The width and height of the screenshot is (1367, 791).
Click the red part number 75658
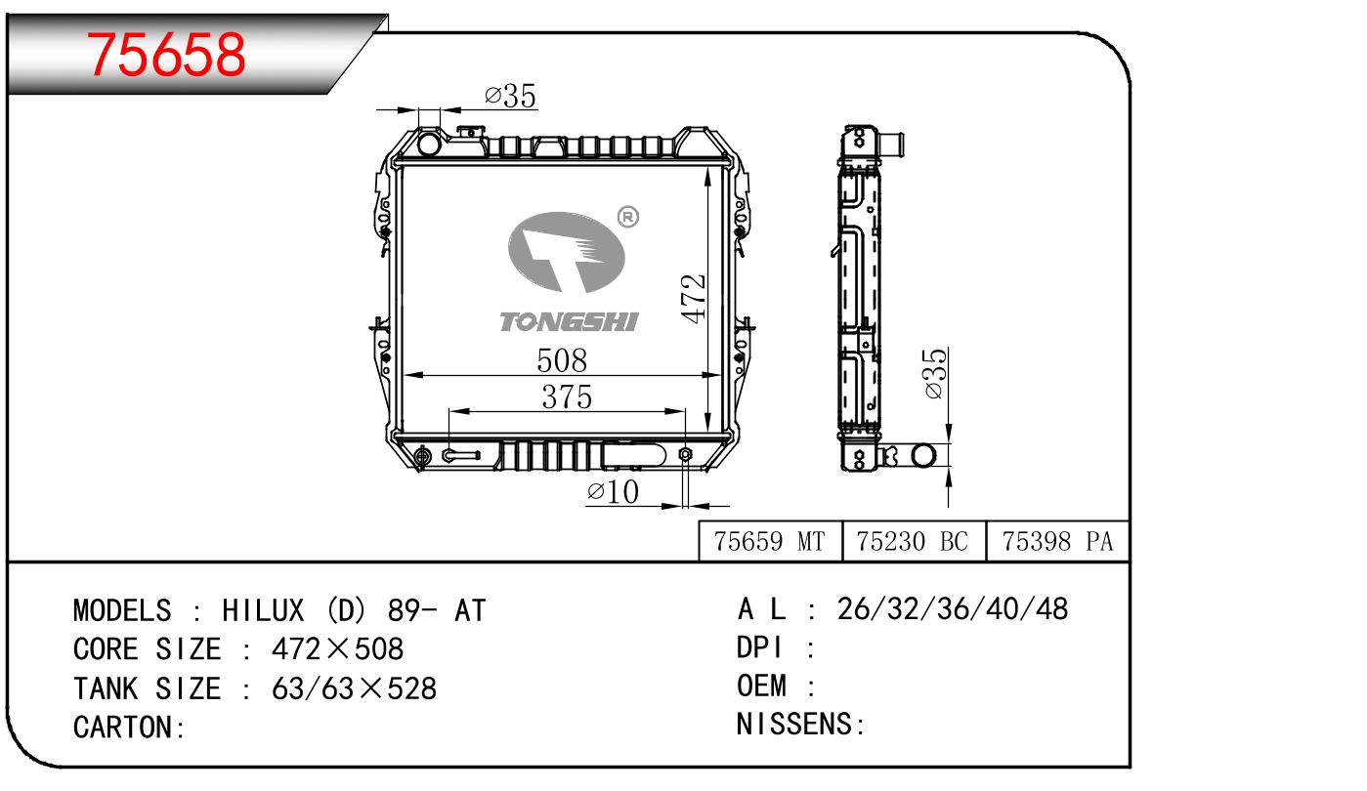pos(166,53)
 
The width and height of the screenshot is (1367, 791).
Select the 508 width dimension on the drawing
pos(562,360)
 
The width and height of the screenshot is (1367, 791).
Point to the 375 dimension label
pos(568,397)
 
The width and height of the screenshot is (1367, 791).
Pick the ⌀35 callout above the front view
pos(510,96)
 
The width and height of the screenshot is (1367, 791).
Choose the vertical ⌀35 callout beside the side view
pos(935,374)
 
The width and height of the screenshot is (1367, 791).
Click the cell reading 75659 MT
pos(770,542)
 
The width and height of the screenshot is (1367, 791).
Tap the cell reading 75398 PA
pos(1057,542)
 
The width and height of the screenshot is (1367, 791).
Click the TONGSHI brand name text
pos(569,322)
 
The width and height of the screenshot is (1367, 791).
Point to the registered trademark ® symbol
pos(628,217)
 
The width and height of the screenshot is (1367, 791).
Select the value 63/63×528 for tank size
pos(354,688)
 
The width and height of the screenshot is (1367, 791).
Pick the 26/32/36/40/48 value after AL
pos(953,609)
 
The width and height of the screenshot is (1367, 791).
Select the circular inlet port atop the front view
pos(430,145)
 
